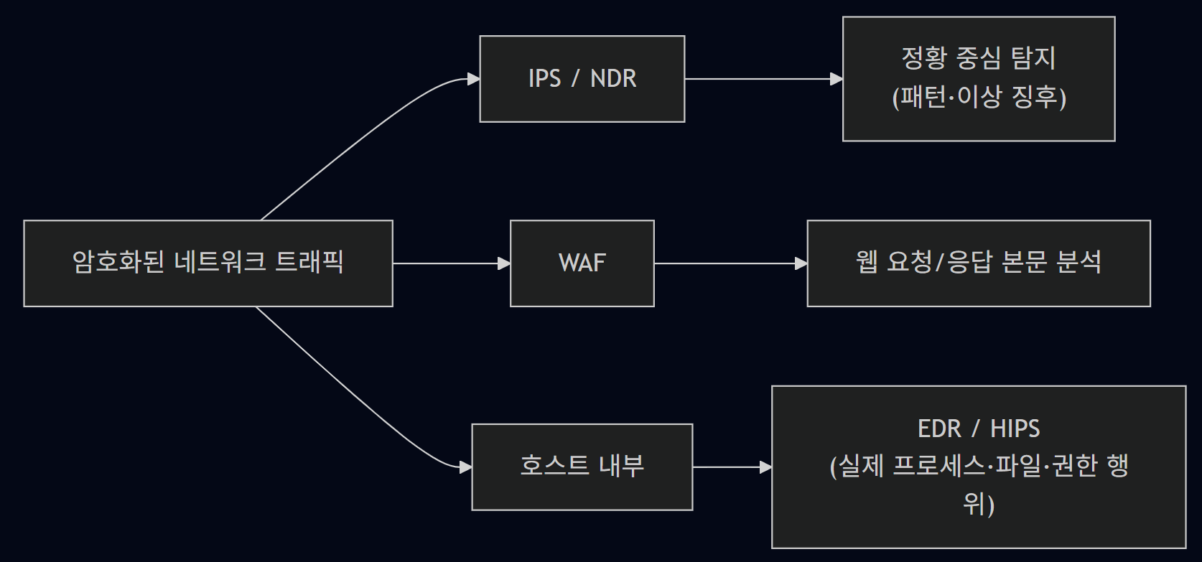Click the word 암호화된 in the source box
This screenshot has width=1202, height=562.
pyautogui.click(x=119, y=262)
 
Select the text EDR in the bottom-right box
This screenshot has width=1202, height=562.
pyautogui.click(x=939, y=429)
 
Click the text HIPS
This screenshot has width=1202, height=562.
pyautogui.click(x=1015, y=429)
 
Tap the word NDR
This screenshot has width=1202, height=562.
pyautogui.click(x=613, y=79)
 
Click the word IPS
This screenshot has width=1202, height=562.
pyautogui.click(x=544, y=79)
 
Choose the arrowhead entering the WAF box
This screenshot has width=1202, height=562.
pyautogui.click(x=504, y=263)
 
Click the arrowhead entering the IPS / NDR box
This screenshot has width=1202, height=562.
pyautogui.click(x=473, y=79)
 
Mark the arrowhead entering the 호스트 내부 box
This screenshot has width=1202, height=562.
pyautogui.click(x=465, y=467)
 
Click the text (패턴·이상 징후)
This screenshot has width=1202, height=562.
pyautogui.click(x=979, y=98)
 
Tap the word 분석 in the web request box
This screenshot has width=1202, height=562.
pyautogui.click(x=1078, y=262)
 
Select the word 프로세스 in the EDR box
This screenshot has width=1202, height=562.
pyautogui.click(x=939, y=467)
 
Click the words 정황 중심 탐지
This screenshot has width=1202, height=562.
pyautogui.click(x=979, y=58)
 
